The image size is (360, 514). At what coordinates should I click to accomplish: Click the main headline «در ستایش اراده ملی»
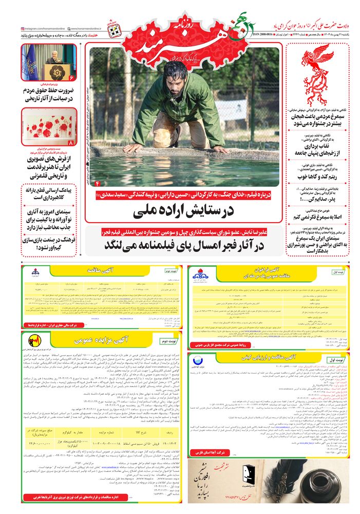click(184, 211)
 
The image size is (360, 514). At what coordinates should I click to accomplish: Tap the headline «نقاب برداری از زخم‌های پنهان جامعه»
click(317, 149)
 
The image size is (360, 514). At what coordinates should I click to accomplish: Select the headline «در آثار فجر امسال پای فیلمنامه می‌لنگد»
click(184, 246)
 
